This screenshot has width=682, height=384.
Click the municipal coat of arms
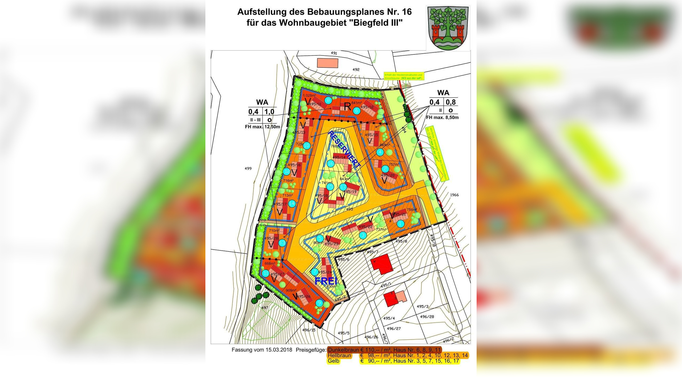click(448, 28)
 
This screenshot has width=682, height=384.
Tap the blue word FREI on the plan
click(326, 281)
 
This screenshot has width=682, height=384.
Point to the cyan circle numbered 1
click(400, 224)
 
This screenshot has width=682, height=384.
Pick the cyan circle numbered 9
click(319, 303)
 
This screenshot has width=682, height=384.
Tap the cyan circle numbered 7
click(315, 272)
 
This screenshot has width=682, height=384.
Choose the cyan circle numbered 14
click(292, 203)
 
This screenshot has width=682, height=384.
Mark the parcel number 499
click(248, 169)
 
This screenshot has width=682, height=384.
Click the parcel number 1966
click(454, 195)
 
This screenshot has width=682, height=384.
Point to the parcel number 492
click(356, 70)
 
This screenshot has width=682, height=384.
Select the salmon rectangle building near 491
click(327, 63)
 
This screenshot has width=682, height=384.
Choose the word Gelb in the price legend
click(333, 361)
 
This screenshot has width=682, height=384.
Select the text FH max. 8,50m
click(442, 117)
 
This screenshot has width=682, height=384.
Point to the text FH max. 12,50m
click(262, 127)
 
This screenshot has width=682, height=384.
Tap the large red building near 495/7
click(381, 264)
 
